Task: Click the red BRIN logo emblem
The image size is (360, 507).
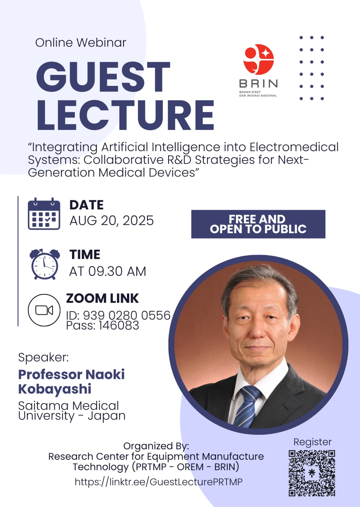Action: click(x=258, y=59)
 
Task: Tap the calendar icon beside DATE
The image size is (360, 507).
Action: click(x=44, y=214)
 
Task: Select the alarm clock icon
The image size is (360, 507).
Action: click(x=45, y=264)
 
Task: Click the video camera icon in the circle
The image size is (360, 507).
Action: click(x=44, y=310)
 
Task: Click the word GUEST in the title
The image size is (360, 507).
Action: click(x=103, y=77)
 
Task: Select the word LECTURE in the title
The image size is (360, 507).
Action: click(x=125, y=115)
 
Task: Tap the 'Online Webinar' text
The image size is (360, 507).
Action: click(x=81, y=42)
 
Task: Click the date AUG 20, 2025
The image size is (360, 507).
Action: click(x=111, y=221)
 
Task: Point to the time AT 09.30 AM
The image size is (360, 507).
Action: click(x=108, y=271)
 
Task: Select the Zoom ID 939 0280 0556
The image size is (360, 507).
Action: click(x=127, y=315)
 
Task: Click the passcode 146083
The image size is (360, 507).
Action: click(x=119, y=325)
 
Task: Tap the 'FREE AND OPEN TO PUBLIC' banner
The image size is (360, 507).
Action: click(x=258, y=224)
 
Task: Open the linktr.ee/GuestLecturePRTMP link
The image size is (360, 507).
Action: click(x=159, y=482)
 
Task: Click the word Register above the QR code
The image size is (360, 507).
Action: click(x=312, y=442)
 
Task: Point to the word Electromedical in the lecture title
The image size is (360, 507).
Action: click(x=294, y=147)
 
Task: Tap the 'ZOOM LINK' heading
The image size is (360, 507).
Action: click(x=102, y=298)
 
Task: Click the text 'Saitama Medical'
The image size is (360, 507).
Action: click(x=69, y=406)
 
